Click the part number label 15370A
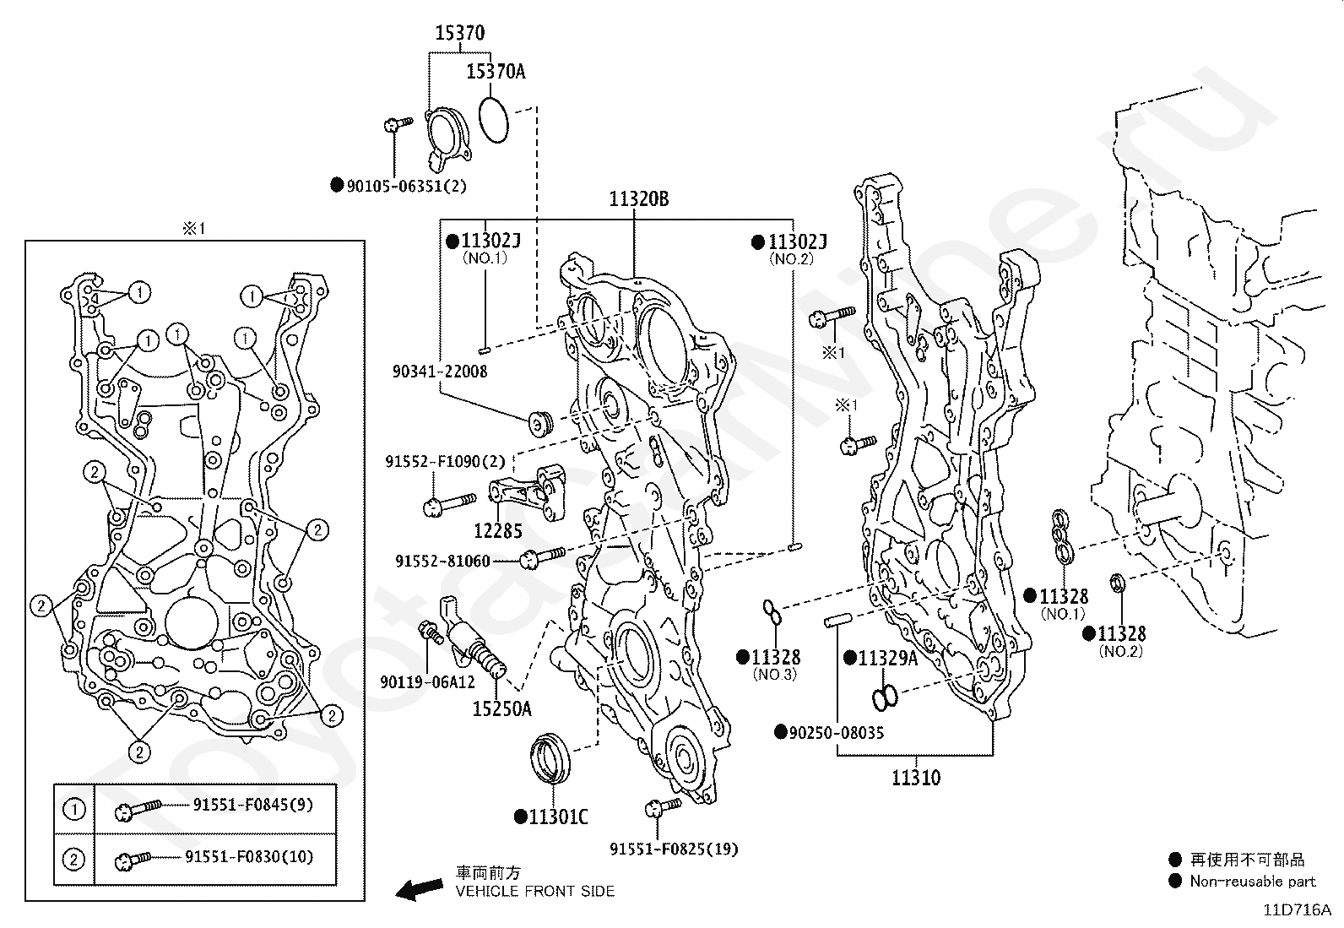[x=496, y=72]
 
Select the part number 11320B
[x=638, y=198]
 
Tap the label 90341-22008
[x=440, y=372]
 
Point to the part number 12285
[x=497, y=530]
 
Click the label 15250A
[x=502, y=709]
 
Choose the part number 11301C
[x=558, y=817]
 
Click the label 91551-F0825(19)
[x=674, y=849]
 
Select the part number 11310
[x=916, y=778]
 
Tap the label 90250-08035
[x=837, y=732]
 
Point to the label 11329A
[x=888, y=659]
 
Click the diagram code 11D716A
[x=1298, y=910]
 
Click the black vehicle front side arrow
[x=419, y=889]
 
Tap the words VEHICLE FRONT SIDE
[x=535, y=892]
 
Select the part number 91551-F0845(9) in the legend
[x=252, y=805]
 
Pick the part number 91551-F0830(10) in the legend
[x=249, y=856]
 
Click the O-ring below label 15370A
[x=493, y=120]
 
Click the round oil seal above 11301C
[x=550, y=758]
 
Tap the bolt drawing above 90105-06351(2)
[x=398, y=125]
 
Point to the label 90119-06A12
[x=427, y=682]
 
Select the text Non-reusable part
[x=1253, y=882]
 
